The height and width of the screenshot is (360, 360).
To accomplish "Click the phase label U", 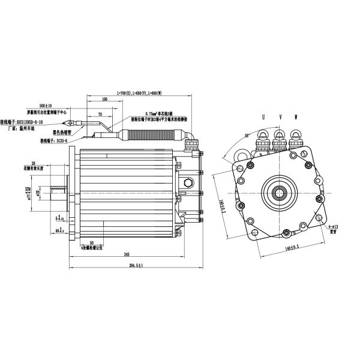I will (262, 116).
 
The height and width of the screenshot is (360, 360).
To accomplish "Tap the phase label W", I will (295, 116).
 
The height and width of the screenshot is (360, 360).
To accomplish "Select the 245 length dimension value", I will (126, 254).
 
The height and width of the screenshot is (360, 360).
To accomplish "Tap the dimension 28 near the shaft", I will (34, 163).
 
